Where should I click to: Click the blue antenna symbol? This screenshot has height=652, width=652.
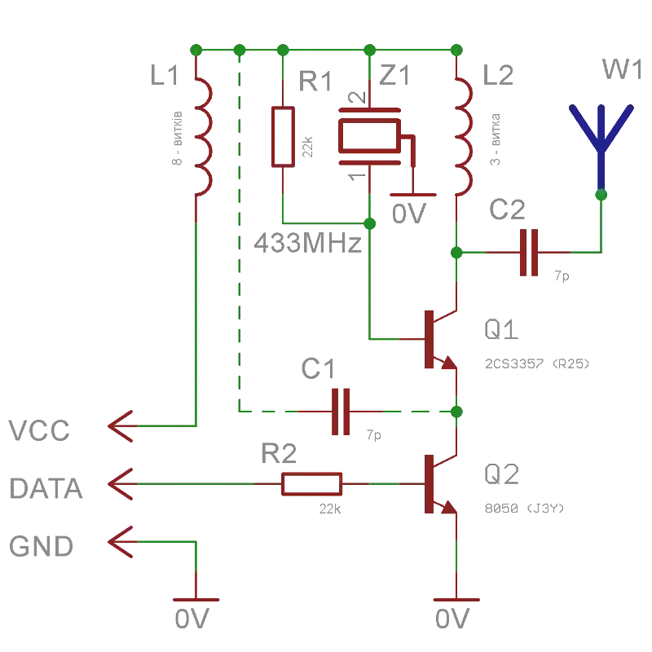[x=602, y=139]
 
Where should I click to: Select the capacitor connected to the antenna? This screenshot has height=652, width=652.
[x=528, y=253]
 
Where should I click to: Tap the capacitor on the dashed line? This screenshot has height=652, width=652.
[x=339, y=411]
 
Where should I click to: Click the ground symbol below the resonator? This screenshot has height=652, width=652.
[x=410, y=196]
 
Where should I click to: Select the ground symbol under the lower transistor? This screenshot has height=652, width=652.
[x=456, y=601]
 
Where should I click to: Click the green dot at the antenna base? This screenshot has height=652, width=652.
[x=601, y=195]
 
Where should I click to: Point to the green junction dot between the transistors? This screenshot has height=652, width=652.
[x=456, y=411]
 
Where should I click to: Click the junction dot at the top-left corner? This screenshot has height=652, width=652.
[x=195, y=49]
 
